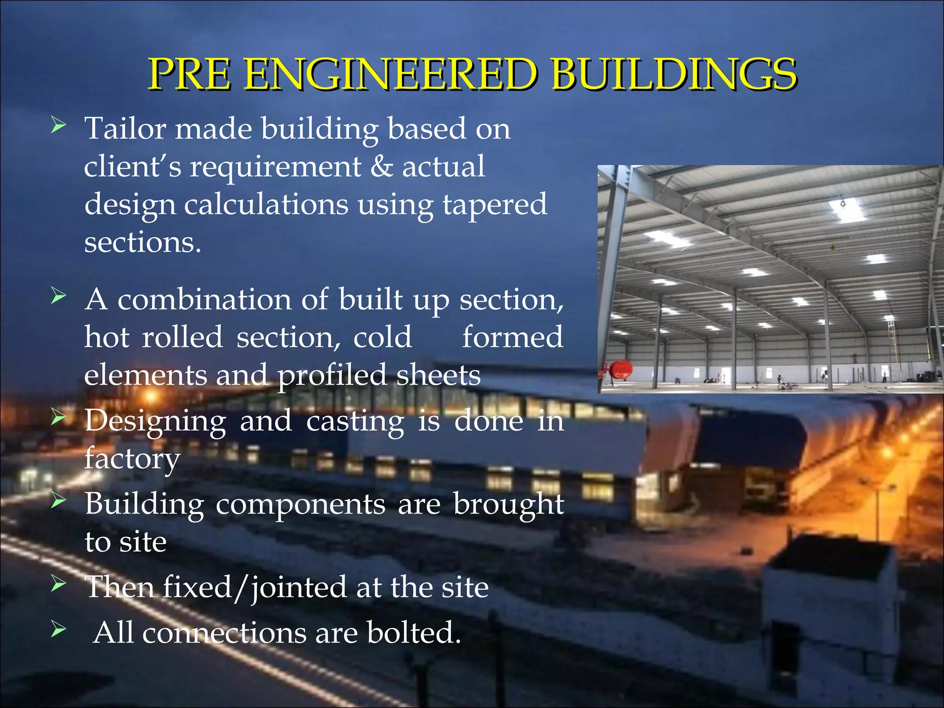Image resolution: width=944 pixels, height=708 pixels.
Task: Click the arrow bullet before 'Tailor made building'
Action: tap(59, 125)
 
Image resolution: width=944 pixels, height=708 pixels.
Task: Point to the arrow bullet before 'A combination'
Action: tap(59, 296)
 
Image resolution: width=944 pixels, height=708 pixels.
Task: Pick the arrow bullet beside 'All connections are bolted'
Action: tap(59, 628)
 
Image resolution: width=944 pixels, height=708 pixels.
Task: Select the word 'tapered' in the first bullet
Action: tap(495, 205)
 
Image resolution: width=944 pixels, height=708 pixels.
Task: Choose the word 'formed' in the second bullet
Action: tap(513, 337)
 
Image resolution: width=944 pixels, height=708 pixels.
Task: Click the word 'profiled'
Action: tap(332, 376)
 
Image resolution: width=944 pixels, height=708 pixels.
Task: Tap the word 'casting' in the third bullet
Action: tap(355, 422)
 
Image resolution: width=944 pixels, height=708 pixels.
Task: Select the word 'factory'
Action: tap(132, 459)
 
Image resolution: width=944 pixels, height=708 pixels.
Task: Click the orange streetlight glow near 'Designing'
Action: tap(150, 395)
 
